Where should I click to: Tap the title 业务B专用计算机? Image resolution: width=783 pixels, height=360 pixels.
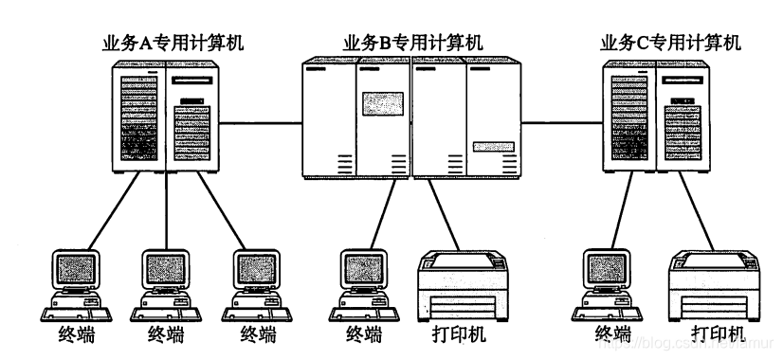(x=412, y=43)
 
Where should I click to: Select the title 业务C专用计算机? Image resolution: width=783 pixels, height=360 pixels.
(x=670, y=43)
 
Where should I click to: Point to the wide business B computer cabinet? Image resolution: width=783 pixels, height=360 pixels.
(x=412, y=117)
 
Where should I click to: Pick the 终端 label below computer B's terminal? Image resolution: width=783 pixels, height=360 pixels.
(x=364, y=334)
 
